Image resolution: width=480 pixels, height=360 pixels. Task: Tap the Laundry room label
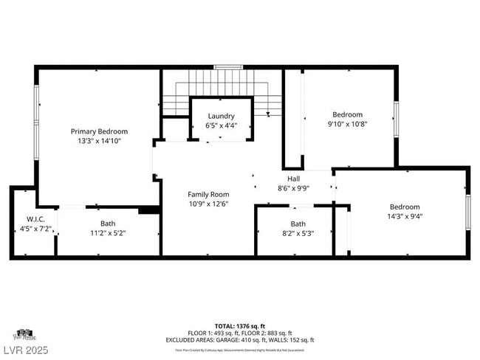[221, 116]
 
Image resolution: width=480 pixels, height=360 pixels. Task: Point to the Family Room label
[208, 195]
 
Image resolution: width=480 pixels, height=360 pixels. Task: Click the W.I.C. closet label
[35, 219]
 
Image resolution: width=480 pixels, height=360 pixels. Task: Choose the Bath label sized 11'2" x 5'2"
[108, 224]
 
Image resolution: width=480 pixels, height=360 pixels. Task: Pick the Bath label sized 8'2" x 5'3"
[298, 224]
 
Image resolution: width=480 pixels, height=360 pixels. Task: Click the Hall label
[293, 179]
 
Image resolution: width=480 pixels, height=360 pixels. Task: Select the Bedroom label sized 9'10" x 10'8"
[347, 114]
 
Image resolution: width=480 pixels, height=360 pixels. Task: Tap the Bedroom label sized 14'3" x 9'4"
[405, 207]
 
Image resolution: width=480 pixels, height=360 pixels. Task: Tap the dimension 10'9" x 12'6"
[208, 204]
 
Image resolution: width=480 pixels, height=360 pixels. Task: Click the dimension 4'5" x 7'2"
[35, 229]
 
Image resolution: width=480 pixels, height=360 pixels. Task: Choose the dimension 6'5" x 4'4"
[221, 125]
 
